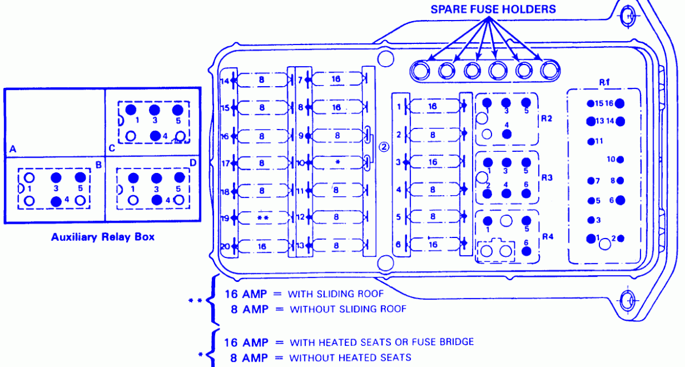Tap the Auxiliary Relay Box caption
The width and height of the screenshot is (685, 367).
click(x=103, y=236)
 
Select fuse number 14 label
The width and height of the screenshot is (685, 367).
click(x=225, y=80)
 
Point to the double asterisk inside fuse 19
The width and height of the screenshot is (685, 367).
click(x=263, y=218)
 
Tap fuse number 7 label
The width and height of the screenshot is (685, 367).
click(x=300, y=80)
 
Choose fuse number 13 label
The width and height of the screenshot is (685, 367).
click(x=301, y=245)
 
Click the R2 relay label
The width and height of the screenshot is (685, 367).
click(x=547, y=119)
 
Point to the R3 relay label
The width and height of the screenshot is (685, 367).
click(x=547, y=178)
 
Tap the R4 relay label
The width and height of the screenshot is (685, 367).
click(x=547, y=236)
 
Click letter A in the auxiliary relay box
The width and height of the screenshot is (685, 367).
click(x=12, y=149)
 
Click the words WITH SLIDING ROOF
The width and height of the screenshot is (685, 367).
click(x=336, y=294)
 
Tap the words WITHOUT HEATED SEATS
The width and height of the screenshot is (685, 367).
click(x=350, y=358)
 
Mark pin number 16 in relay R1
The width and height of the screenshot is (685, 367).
click(x=609, y=103)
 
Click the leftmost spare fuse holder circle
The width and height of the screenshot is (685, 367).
click(x=422, y=71)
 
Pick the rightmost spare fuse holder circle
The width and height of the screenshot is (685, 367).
click(x=549, y=71)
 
